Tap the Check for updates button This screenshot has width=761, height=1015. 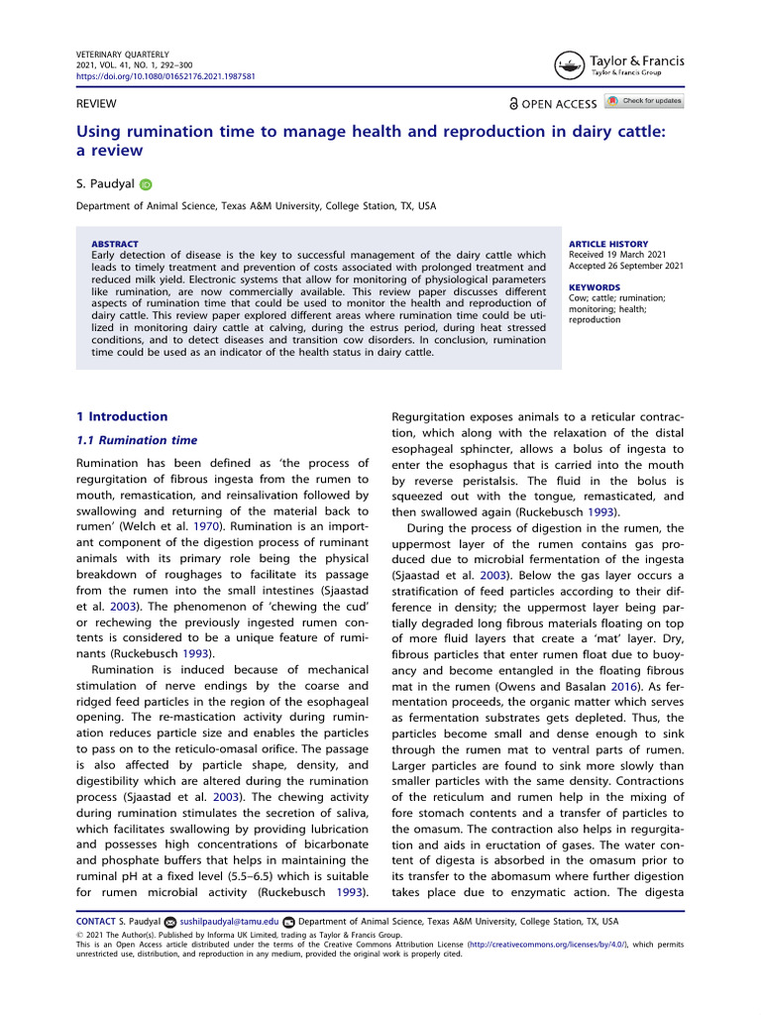(x=645, y=101)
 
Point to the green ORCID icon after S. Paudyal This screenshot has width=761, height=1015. (x=147, y=184)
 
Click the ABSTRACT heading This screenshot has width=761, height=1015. (x=114, y=244)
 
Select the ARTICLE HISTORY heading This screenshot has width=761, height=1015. (x=608, y=244)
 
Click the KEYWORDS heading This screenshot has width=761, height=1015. (x=595, y=287)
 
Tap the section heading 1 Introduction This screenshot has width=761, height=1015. (x=122, y=416)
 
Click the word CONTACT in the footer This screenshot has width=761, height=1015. (x=96, y=921)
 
